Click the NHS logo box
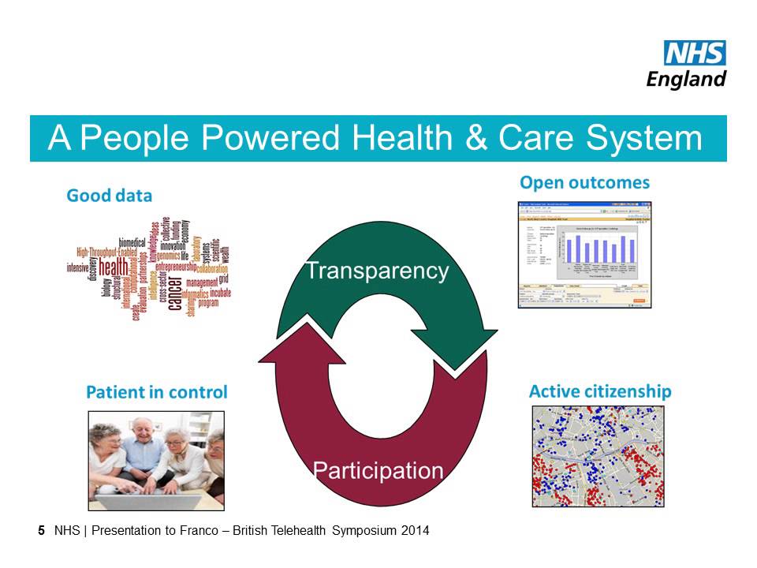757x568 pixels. (x=695, y=54)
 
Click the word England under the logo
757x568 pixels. (x=686, y=79)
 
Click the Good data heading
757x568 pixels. (x=109, y=195)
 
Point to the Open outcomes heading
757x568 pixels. (x=584, y=183)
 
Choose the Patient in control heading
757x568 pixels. (x=156, y=392)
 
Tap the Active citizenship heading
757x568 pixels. (x=599, y=391)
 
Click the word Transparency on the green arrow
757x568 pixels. (x=377, y=271)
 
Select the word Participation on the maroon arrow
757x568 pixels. (x=378, y=471)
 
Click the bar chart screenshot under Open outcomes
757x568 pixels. (x=584, y=254)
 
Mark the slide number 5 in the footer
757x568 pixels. (x=41, y=531)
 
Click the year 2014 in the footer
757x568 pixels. (x=415, y=531)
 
